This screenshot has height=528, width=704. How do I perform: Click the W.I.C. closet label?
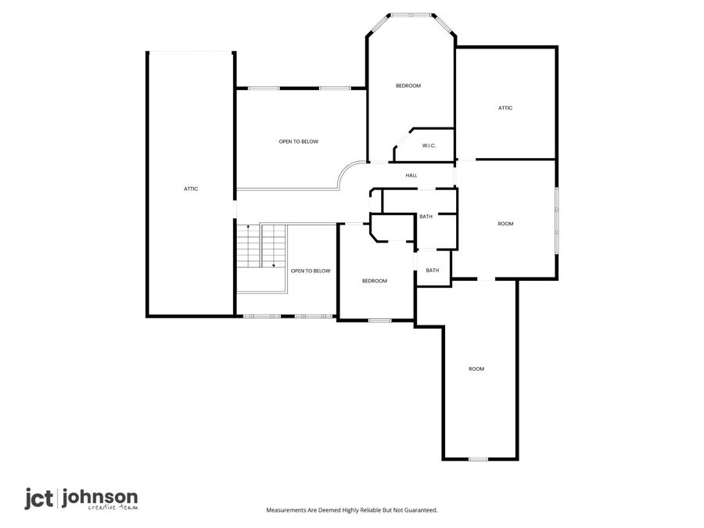click(x=429, y=145)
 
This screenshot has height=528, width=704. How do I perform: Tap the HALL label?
click(x=411, y=175)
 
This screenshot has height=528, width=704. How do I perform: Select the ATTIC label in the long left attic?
click(x=191, y=189)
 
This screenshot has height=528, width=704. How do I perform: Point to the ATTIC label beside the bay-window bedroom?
click(x=505, y=108)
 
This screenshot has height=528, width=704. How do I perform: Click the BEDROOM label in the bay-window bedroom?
click(x=408, y=85)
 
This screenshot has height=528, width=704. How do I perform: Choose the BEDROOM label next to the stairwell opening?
click(x=374, y=281)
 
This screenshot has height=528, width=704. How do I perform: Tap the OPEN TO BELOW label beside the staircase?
click(x=311, y=271)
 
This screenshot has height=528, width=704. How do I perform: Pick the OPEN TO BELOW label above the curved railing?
click(x=299, y=142)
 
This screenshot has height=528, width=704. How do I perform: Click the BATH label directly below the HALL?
click(x=426, y=217)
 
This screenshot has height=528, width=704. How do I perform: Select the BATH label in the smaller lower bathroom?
click(x=433, y=271)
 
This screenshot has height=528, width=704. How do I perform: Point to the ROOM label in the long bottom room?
click(x=476, y=368)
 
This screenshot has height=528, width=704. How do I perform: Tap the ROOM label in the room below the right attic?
click(x=505, y=224)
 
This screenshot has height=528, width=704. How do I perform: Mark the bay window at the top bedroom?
click(x=411, y=15)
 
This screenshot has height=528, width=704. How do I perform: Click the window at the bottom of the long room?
click(x=478, y=459)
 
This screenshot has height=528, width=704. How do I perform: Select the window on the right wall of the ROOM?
click(x=557, y=221)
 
